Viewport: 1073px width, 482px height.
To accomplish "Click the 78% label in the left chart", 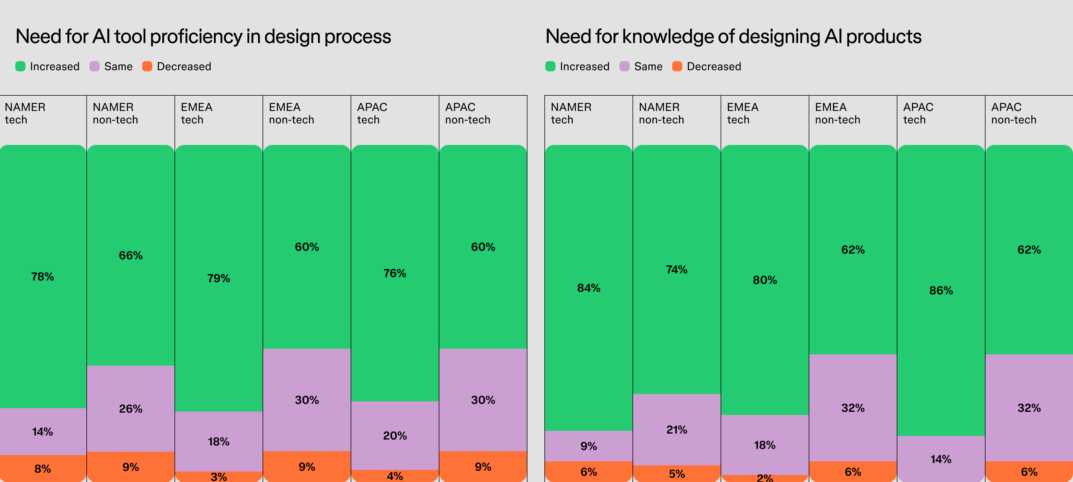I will point(42,277).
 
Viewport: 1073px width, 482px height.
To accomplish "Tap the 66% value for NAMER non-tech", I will point(131,256).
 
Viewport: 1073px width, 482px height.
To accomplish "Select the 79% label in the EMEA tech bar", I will point(219,279).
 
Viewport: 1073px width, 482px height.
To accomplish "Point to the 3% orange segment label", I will point(219,476).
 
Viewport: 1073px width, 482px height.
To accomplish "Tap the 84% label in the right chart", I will point(589,288).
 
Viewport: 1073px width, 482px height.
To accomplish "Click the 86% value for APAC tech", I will point(941,291).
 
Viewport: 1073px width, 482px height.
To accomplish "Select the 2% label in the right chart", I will point(765,477).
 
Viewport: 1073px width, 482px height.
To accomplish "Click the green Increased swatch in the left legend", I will point(20,66).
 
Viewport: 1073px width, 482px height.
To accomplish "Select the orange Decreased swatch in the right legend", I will point(677,66).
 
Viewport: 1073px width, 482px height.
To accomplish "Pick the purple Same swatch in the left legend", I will point(95,66).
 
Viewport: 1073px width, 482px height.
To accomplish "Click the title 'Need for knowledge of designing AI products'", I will point(733,37).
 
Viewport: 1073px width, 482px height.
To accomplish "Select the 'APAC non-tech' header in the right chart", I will point(1014,113).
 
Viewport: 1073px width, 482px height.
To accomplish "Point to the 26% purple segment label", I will point(131,409).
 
